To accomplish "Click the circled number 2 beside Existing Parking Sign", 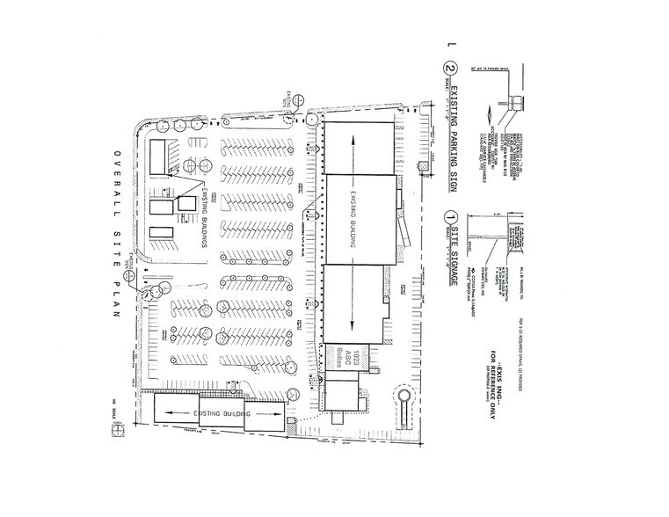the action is pyautogui.click(x=449, y=68).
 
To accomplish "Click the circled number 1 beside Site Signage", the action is pyautogui.click(x=449, y=215).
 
